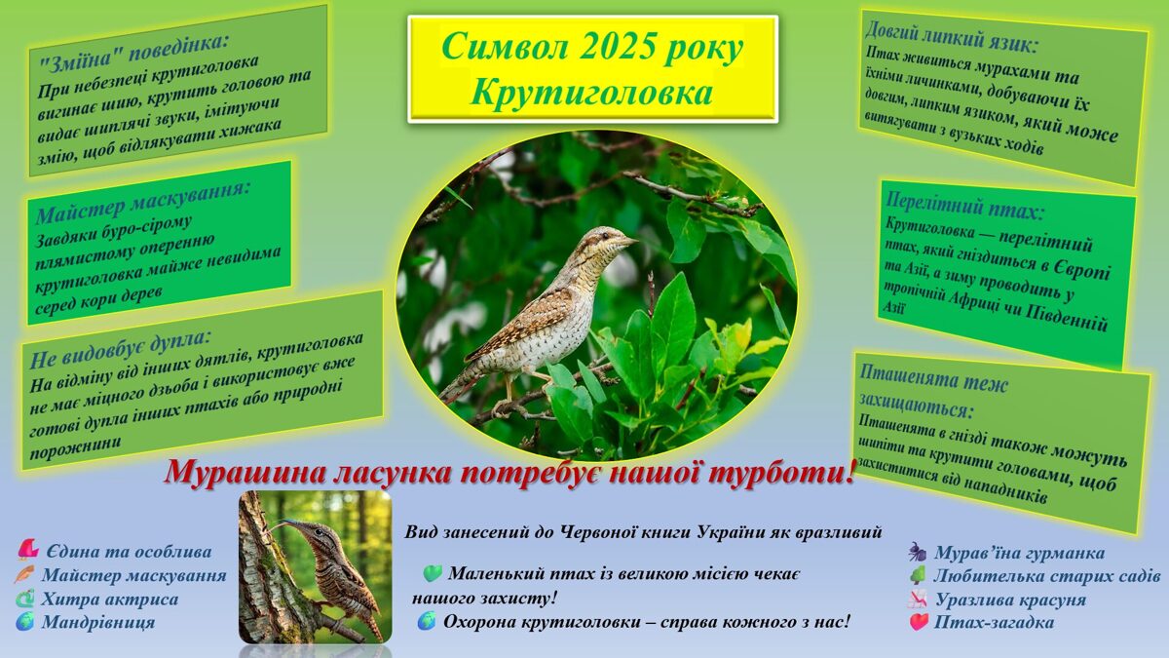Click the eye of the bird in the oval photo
(x=607, y=236)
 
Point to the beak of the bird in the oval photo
(x=629, y=240)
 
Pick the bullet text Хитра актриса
(x=109, y=599)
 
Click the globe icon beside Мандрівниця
(x=25, y=622)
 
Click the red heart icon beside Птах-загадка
(x=918, y=622)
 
